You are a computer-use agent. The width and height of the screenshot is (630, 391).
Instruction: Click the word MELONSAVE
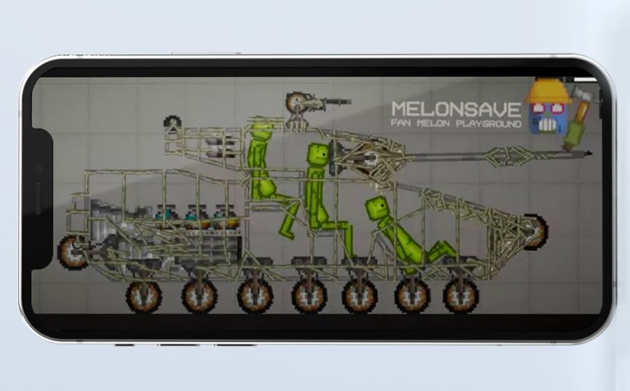(456, 109)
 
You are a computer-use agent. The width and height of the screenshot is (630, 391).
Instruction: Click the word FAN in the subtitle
(401, 123)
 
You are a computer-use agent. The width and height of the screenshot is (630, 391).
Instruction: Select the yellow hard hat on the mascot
(548, 92)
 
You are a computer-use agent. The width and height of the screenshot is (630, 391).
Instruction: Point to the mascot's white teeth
(547, 126)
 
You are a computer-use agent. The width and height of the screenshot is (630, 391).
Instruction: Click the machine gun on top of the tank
(315, 101)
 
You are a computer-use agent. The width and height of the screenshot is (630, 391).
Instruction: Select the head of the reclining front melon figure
(377, 207)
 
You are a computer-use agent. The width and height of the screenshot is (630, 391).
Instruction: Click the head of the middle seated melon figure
(317, 155)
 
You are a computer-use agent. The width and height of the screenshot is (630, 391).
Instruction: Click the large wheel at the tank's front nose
(535, 232)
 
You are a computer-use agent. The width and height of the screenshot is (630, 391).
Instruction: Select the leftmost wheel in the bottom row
(143, 296)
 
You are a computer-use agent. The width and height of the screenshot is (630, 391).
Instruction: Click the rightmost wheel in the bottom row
(461, 295)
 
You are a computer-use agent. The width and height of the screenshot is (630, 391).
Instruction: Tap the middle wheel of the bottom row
(309, 296)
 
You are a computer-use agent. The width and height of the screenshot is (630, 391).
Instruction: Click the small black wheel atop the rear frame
(172, 121)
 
